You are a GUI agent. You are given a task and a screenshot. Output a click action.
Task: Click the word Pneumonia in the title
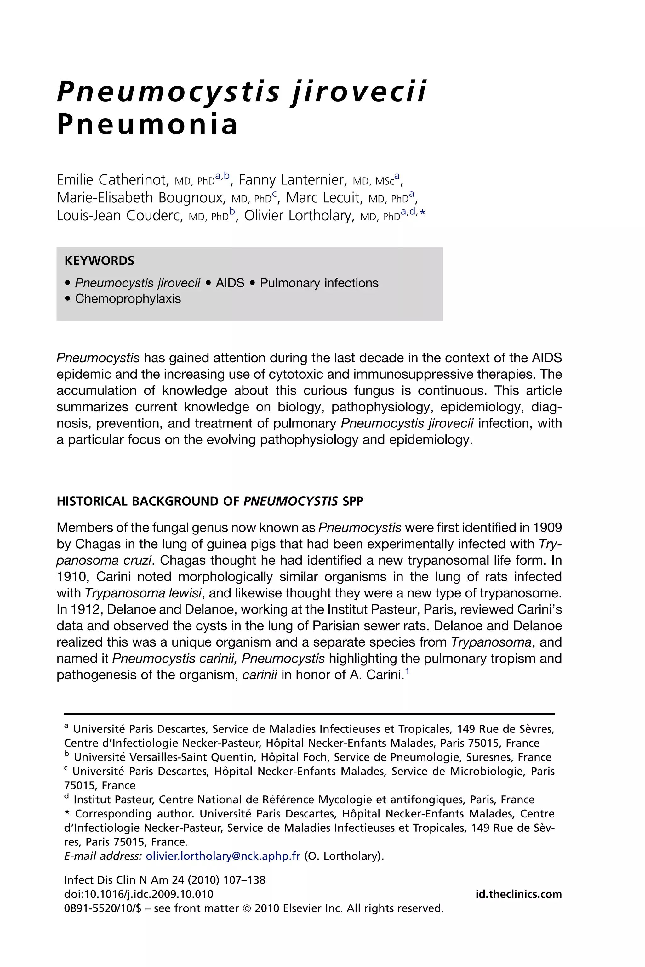coord(147,125)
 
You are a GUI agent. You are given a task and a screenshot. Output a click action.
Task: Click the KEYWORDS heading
coord(100,261)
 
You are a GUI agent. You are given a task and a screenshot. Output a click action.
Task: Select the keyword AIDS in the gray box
coord(230,283)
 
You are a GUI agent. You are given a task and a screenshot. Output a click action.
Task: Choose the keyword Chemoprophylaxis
coord(128,299)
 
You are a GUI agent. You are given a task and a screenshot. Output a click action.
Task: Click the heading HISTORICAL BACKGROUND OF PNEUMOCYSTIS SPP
coord(210,501)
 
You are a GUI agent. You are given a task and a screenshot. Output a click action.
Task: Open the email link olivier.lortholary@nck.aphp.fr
coord(223,856)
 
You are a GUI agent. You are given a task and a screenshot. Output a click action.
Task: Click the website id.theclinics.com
coord(518,894)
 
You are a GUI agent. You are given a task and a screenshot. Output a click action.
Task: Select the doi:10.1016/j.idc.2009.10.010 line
coord(139,894)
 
